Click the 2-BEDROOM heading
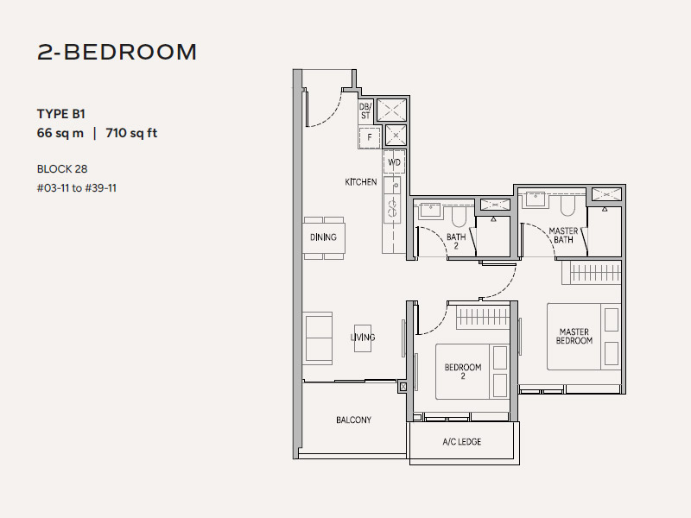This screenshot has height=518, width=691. pyautogui.click(x=117, y=52)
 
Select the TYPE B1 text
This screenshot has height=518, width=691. pyautogui.click(x=61, y=114)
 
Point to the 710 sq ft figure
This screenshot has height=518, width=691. pyautogui.click(x=131, y=133)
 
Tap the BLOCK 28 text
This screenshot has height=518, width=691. pyautogui.click(x=62, y=168)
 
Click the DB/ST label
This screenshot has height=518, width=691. pyautogui.click(x=365, y=111)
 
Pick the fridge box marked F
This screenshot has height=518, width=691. pyautogui.click(x=370, y=137)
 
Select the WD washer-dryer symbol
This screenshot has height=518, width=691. pyautogui.click(x=394, y=162)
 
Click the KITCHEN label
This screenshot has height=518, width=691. pyautogui.click(x=361, y=182)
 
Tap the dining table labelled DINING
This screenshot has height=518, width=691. pyautogui.click(x=323, y=237)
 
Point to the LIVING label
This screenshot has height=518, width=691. pyautogui.click(x=363, y=338)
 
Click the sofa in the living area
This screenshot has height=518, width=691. pyautogui.click(x=317, y=338)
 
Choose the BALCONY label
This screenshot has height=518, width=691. pyautogui.click(x=353, y=420)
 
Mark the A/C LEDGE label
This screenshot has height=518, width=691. pyautogui.click(x=462, y=441)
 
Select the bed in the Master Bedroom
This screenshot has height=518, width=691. pyautogui.click(x=584, y=337)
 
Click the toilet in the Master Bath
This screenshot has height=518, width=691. pyautogui.click(x=567, y=205)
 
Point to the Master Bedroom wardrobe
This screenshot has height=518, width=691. pyautogui.click(x=592, y=273)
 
